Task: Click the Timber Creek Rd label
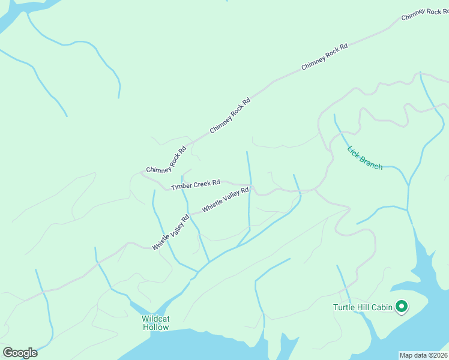[x=196, y=184]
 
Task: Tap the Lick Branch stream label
[x=365, y=158]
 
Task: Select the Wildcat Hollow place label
[x=156, y=323]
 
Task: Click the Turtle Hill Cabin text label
[x=363, y=308]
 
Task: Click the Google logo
[x=20, y=353]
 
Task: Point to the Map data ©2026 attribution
[x=424, y=355]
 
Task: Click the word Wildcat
[x=156, y=319]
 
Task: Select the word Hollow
[x=156, y=327]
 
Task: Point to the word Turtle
[x=345, y=308]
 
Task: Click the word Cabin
[x=381, y=308]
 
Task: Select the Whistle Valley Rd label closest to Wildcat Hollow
[x=171, y=233]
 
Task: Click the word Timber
[x=181, y=187]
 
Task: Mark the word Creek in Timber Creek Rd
[x=201, y=183]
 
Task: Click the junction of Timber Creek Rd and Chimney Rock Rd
[x=143, y=173]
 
